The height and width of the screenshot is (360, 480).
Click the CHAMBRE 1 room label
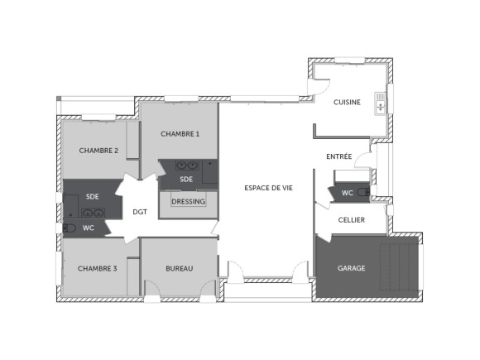[x=180, y=133]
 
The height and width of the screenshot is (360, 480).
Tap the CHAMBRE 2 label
[x=98, y=150]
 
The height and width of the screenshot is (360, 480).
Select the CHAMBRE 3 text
[x=97, y=268]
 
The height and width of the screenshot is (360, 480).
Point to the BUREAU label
[x=179, y=268]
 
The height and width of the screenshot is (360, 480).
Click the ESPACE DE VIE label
[x=268, y=188]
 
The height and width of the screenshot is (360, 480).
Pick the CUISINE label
[x=347, y=102]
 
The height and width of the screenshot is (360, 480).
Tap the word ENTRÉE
[x=339, y=156]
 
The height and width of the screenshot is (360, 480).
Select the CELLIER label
[x=352, y=219]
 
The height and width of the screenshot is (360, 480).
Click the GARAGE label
[x=351, y=268]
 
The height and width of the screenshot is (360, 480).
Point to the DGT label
[x=140, y=212]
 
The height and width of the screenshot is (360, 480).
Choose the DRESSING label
[x=188, y=201]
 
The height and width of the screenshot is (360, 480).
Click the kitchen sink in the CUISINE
[x=381, y=103]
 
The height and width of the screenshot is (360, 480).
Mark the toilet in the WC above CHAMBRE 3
[x=70, y=228]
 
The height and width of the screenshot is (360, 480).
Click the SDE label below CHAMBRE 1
[x=187, y=179]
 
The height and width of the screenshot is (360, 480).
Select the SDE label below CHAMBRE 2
[x=92, y=196]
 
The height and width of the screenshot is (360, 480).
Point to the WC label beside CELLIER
[x=348, y=194]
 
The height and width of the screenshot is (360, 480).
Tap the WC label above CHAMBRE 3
[x=89, y=228]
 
